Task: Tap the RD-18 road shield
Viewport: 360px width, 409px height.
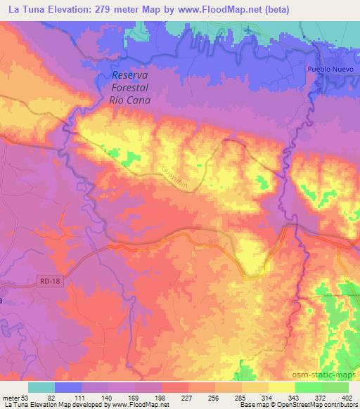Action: click(46, 280)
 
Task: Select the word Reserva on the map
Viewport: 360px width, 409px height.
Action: click(132, 77)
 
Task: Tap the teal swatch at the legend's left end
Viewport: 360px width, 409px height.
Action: click(41, 387)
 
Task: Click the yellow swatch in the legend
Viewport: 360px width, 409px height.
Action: click(281, 387)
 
